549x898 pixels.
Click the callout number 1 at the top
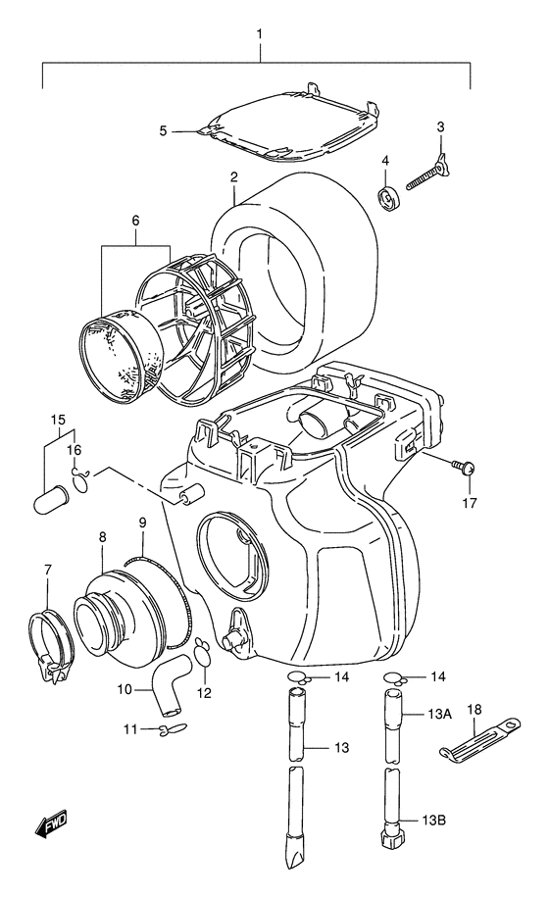click(x=259, y=34)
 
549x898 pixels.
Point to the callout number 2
click(x=235, y=177)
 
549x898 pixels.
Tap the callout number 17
click(x=470, y=503)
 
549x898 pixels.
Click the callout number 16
click(x=75, y=450)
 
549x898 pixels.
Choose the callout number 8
click(x=102, y=537)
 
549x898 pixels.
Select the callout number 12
click(x=206, y=693)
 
